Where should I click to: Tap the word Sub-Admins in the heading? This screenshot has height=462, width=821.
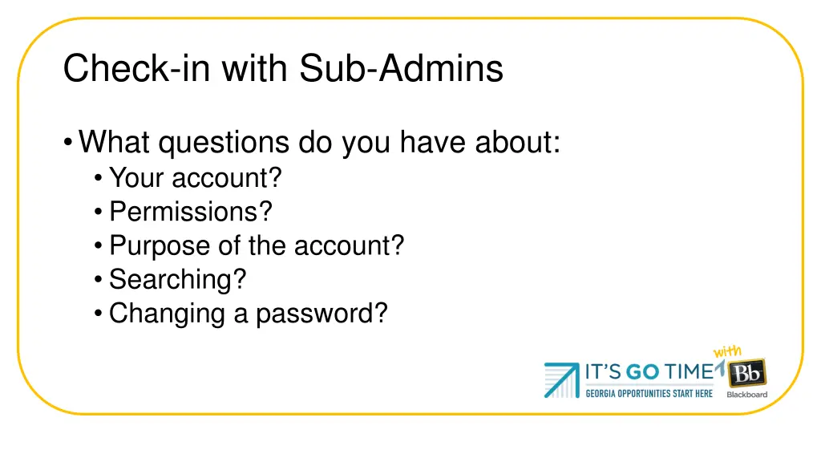tap(402, 68)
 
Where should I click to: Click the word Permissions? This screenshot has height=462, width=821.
tap(191, 212)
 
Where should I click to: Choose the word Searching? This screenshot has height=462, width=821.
tap(178, 279)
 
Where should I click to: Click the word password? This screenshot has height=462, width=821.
tap(322, 313)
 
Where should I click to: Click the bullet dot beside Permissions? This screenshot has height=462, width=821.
tap(98, 213)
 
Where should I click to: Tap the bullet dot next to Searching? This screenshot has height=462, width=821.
tap(98, 280)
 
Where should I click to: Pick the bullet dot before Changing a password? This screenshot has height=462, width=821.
tap(98, 314)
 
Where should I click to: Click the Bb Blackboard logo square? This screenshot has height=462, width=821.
tap(747, 372)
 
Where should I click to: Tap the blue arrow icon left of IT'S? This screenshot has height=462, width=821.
tap(562, 379)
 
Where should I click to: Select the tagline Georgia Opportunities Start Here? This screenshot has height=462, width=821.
tap(649, 394)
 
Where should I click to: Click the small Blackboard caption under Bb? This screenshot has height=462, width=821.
tap(747, 395)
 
